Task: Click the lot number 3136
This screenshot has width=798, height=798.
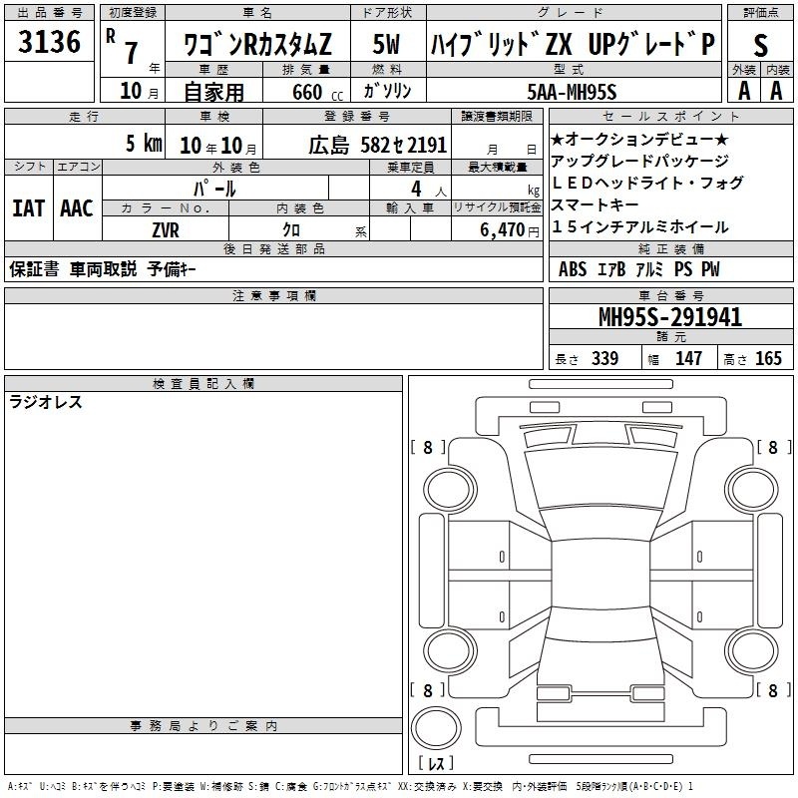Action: (x=49, y=42)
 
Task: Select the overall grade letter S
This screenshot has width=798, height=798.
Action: (x=760, y=46)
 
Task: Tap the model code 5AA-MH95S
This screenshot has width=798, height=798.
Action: (x=572, y=92)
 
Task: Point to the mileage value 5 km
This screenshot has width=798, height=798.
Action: (x=144, y=143)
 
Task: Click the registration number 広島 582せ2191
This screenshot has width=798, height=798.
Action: (x=378, y=145)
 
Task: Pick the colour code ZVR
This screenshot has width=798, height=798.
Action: (x=166, y=230)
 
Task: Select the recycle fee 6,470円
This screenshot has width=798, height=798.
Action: (x=510, y=230)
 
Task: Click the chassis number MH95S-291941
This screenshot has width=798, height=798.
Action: (x=670, y=317)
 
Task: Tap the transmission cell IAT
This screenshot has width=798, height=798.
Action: (x=29, y=208)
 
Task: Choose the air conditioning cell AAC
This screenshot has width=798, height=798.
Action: (x=77, y=208)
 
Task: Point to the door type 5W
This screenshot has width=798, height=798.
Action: (x=386, y=44)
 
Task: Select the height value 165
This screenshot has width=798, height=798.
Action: (x=768, y=358)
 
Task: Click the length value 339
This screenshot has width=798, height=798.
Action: (x=605, y=358)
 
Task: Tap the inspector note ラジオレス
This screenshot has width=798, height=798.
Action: (x=45, y=402)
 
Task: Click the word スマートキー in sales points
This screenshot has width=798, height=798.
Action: (x=595, y=204)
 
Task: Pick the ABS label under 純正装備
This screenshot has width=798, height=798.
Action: (x=573, y=269)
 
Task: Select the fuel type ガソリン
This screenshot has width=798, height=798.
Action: (x=387, y=91)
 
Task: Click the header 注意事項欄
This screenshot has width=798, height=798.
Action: (x=274, y=295)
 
